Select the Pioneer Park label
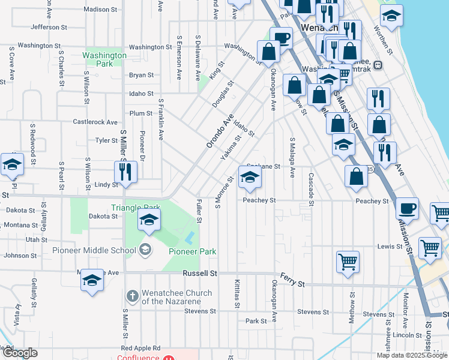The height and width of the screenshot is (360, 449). pyautogui.click(x=192, y=252)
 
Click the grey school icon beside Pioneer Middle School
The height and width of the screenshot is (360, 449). pyautogui.click(x=144, y=248)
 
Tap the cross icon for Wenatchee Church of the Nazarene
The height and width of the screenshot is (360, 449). pyautogui.click(x=133, y=296)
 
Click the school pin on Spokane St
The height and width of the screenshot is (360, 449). pyautogui.click(x=250, y=176)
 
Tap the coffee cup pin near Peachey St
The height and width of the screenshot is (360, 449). pyautogui.click(x=408, y=208)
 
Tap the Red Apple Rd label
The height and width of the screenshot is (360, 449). pyautogui.click(x=140, y=348)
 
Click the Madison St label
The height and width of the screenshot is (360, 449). pyautogui.click(x=101, y=10)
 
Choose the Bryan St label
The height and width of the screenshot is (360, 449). pyautogui.click(x=142, y=76)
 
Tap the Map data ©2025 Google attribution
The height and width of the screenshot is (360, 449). pyautogui.click(x=412, y=355)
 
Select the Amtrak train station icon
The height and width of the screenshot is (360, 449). pyautogui.click(x=379, y=65)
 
